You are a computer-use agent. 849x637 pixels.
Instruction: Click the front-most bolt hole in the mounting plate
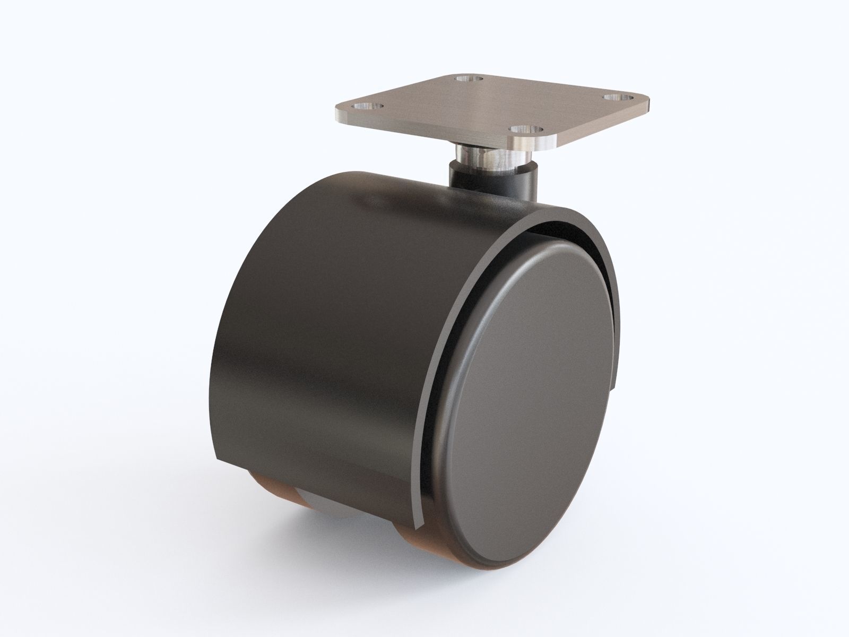[x=525, y=128]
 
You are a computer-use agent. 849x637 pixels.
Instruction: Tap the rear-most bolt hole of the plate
[x=467, y=80]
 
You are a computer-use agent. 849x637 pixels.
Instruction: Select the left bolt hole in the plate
[x=374, y=107]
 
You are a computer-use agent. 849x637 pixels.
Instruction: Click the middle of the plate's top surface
[x=493, y=106]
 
